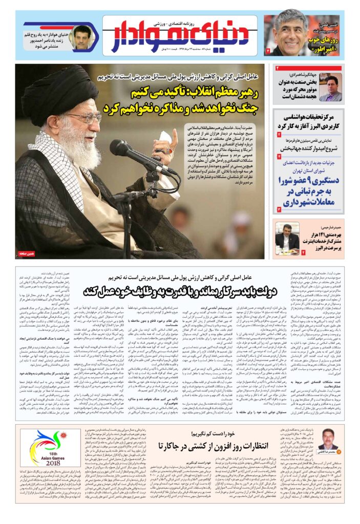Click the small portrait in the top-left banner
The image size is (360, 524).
[x=81, y=37]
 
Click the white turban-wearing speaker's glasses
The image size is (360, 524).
[x=84, y=119]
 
